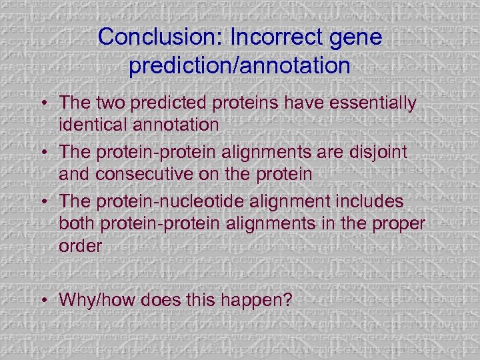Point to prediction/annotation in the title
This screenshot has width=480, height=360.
240,65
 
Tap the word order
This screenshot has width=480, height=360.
80,245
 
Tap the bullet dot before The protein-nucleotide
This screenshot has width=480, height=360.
43,201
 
